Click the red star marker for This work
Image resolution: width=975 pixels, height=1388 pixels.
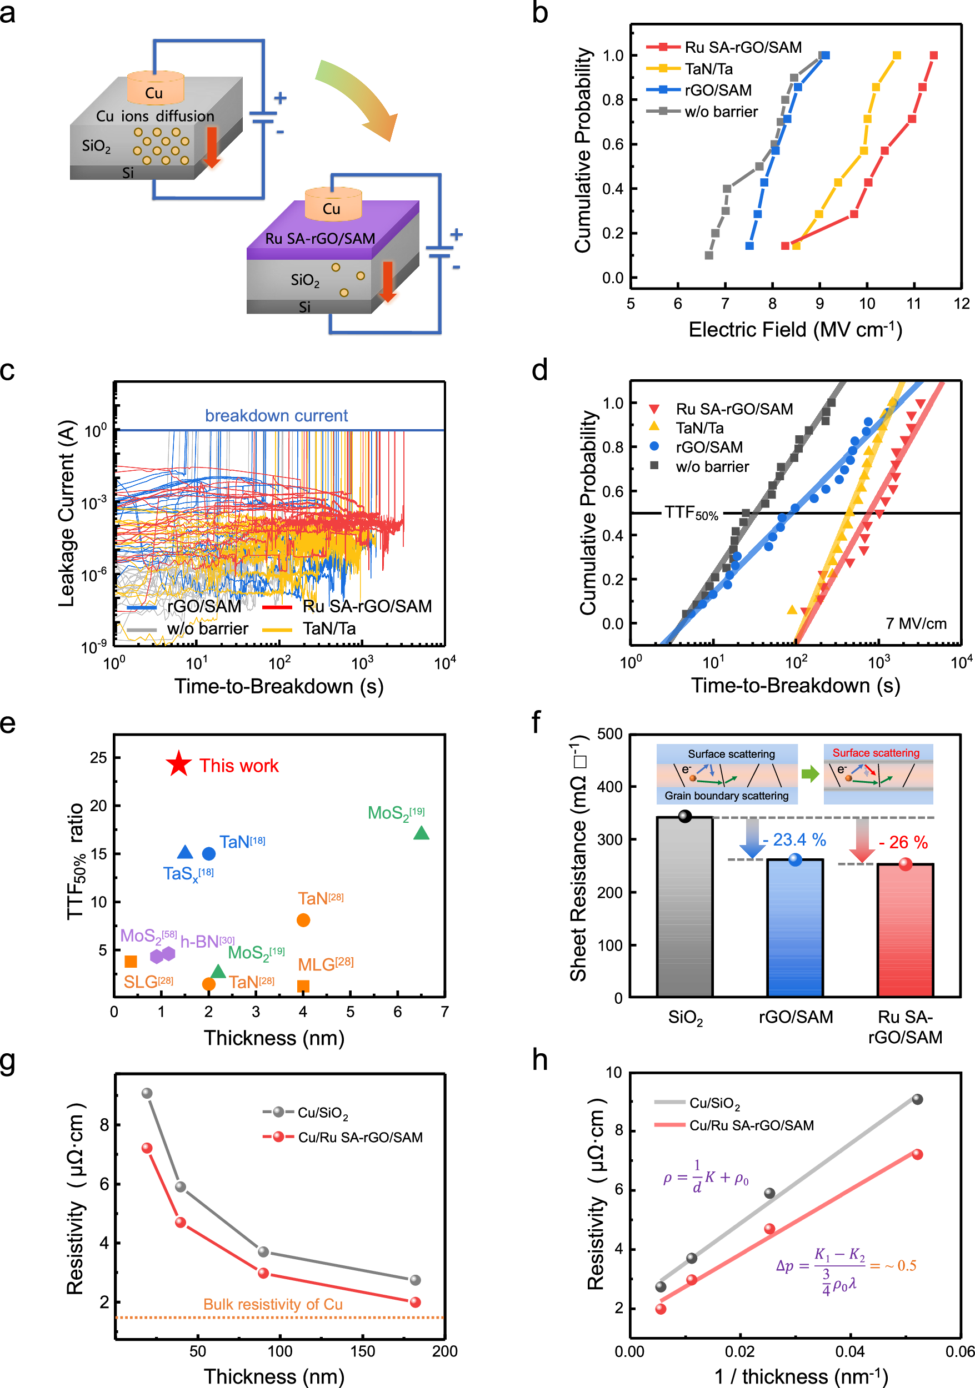178,765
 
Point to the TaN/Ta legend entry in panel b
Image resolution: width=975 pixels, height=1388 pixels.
708,69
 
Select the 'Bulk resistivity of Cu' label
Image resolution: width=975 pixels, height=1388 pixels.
273,1305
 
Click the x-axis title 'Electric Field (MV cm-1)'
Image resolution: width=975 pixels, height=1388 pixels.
795,329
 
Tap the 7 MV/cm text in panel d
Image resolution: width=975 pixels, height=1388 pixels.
916,623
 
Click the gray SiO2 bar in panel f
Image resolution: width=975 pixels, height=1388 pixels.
684,913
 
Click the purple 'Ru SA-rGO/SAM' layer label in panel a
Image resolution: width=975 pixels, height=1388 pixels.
320,238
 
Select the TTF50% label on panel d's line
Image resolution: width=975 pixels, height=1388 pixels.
691,513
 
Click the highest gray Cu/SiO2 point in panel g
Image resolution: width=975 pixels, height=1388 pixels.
146,1093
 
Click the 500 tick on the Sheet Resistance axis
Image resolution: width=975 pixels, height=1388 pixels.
609,734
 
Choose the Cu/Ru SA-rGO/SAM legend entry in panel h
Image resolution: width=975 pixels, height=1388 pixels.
751,1125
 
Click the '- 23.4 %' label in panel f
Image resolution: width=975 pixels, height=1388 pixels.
793,839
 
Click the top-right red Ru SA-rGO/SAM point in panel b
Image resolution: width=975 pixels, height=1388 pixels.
933,56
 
